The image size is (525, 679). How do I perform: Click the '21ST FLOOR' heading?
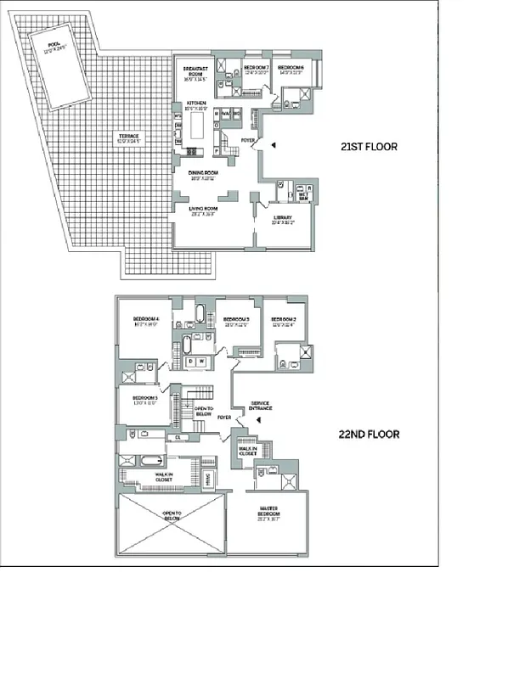[x=369, y=147]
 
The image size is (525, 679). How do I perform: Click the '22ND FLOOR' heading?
[x=369, y=434]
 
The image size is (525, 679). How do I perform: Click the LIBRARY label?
[x=283, y=219]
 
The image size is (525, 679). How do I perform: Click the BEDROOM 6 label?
[x=291, y=69]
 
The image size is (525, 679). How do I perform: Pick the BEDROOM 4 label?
[x=146, y=322]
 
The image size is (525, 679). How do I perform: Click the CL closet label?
[x=178, y=437]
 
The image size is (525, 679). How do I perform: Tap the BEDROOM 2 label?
[x=282, y=322]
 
